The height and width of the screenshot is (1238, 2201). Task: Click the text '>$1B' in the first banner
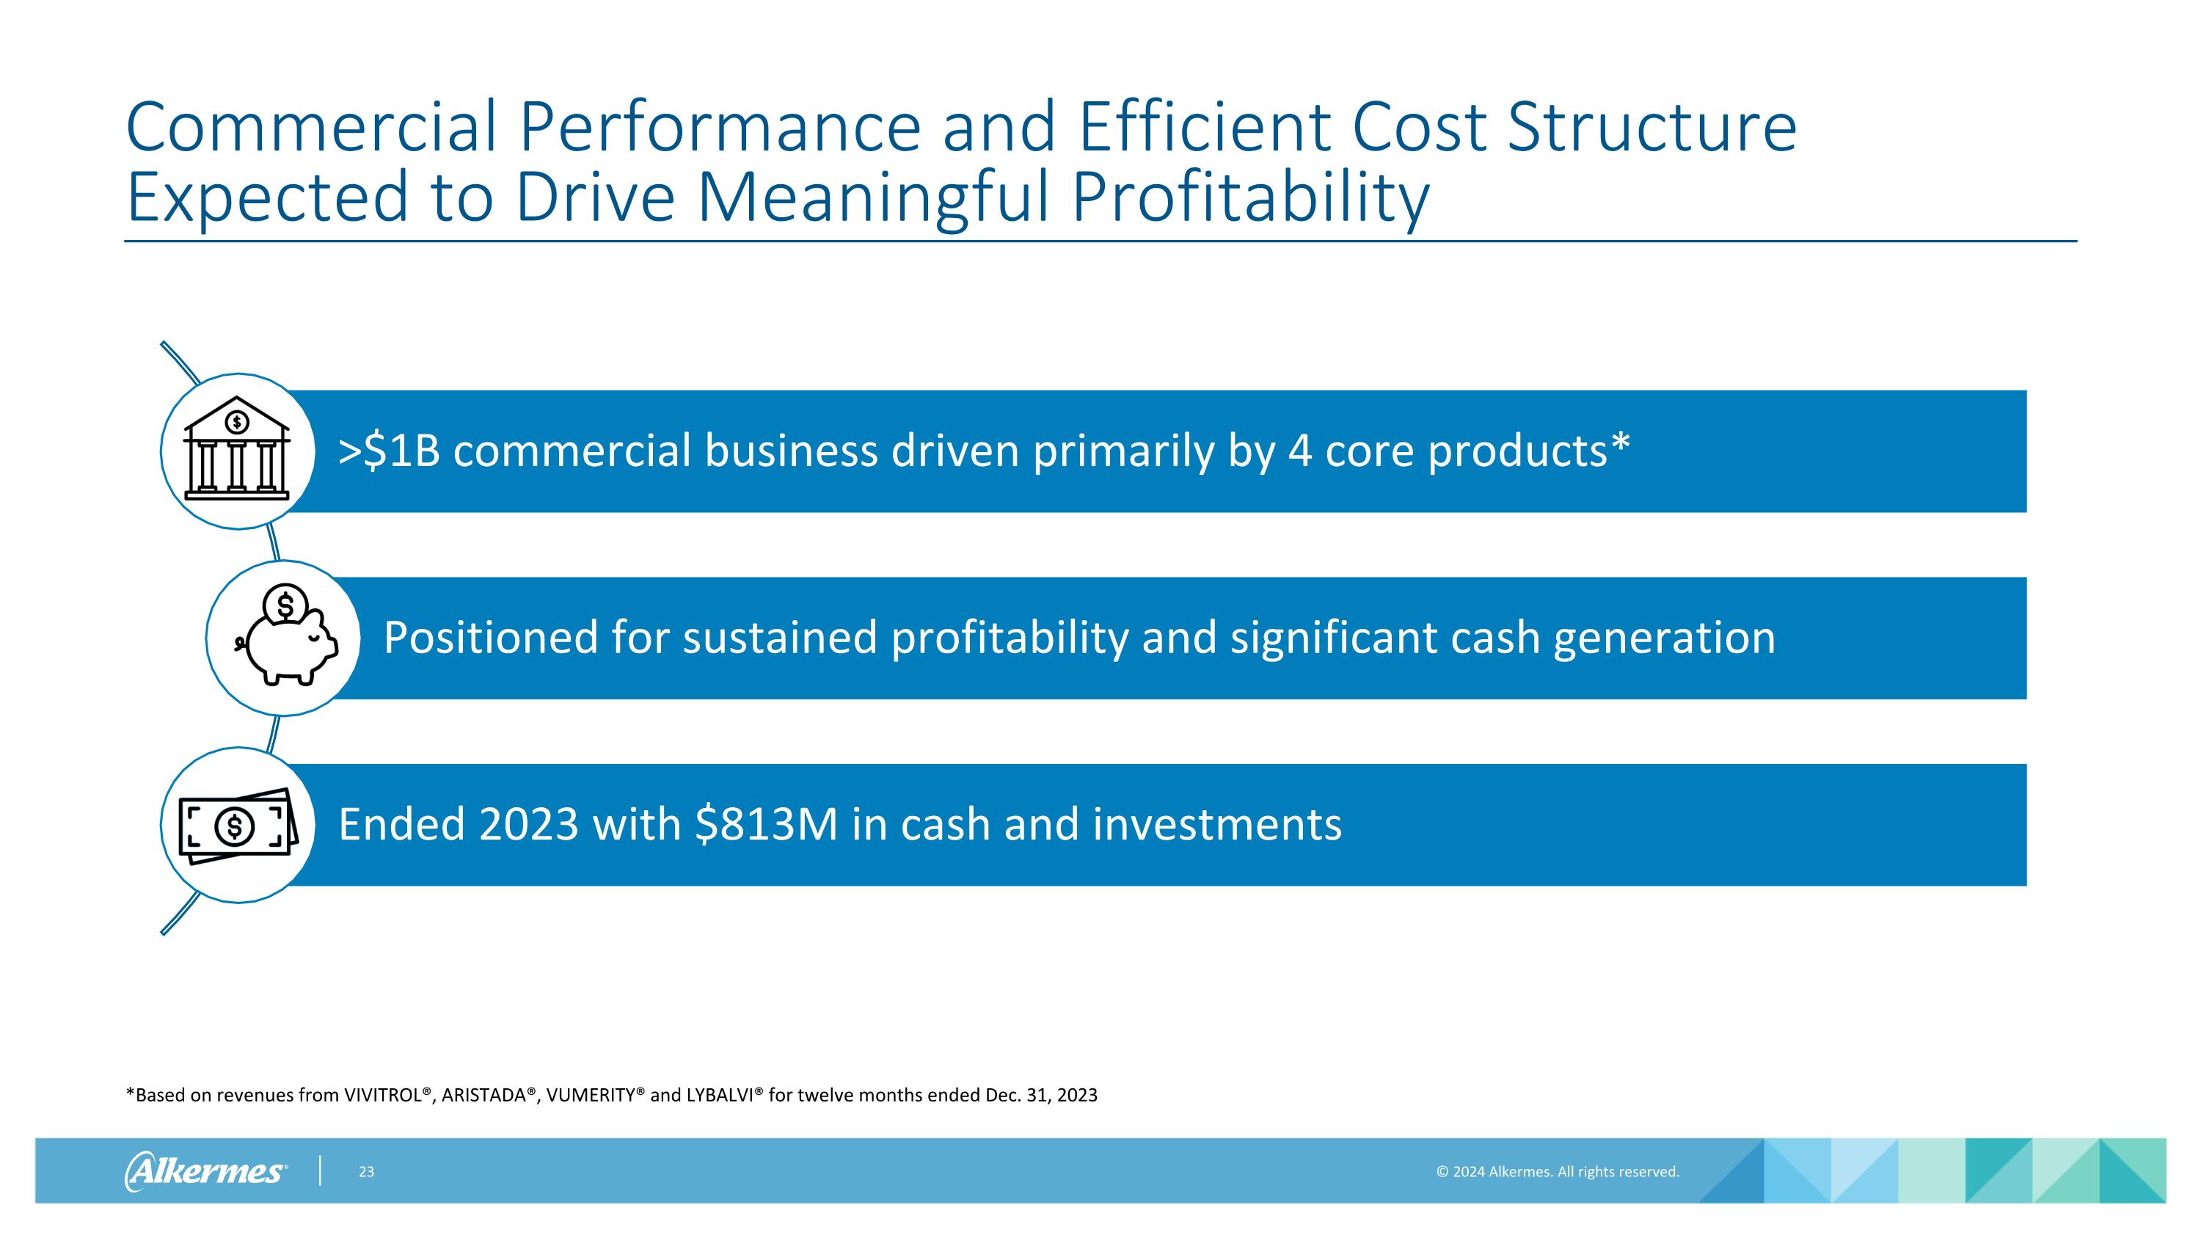pyautogui.click(x=389, y=451)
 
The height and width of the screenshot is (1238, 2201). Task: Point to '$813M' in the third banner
pyautogui.click(x=767, y=825)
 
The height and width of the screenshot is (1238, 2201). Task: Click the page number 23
pyautogui.click(x=365, y=1171)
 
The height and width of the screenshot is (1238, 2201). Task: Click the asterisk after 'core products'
pyautogui.click(x=1620, y=444)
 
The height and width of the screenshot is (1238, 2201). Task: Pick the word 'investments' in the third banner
pyautogui.click(x=1216, y=825)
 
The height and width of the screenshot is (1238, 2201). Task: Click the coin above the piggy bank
pyautogui.click(x=285, y=605)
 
